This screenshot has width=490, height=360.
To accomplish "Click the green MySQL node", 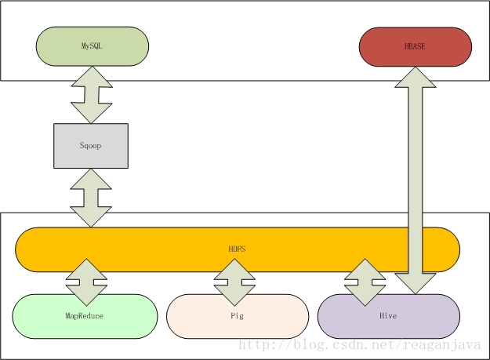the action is pyautogui.click(x=93, y=46).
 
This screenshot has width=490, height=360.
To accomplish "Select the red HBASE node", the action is pyautogui.click(x=416, y=47).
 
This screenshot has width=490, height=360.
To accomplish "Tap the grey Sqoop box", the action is pyautogui.click(x=91, y=146).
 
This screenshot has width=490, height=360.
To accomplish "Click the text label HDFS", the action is pyautogui.click(x=237, y=249).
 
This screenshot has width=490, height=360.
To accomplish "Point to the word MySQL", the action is pyautogui.click(x=92, y=46).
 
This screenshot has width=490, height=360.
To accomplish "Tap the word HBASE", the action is pyautogui.click(x=415, y=46).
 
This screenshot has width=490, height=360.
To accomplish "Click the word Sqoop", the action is pyautogui.click(x=90, y=145).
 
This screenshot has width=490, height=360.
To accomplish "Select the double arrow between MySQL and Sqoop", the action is pyautogui.click(x=92, y=95).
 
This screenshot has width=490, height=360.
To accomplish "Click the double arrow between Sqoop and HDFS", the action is pyautogui.click(x=91, y=198).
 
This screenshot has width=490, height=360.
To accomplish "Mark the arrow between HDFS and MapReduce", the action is pyautogui.click(x=86, y=282).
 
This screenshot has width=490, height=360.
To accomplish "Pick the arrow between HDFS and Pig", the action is pyautogui.click(x=234, y=282).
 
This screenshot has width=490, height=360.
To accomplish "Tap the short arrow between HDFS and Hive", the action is pyautogui.click(x=365, y=282).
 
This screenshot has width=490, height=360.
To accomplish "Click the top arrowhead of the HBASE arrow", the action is pyautogui.click(x=416, y=78).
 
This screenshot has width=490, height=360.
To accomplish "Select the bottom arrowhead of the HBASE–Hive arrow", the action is pyautogui.click(x=416, y=283).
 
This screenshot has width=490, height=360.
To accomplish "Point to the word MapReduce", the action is pyautogui.click(x=85, y=315).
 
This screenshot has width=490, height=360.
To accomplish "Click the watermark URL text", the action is pyautogui.click(x=360, y=345).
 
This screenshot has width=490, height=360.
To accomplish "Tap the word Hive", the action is pyautogui.click(x=388, y=315).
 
